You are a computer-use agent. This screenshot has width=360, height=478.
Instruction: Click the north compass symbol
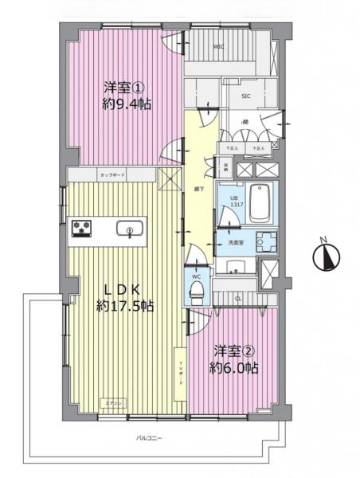(327, 257)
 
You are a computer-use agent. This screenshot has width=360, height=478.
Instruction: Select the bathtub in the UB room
(260, 204)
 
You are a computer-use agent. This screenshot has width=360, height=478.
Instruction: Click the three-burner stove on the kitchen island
(82, 229)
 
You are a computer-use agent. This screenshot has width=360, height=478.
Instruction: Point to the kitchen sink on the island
(127, 230)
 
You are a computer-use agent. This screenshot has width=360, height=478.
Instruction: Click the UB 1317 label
(236, 202)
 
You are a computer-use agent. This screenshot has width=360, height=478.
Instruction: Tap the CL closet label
(238, 299)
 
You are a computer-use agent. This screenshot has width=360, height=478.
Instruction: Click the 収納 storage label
(226, 168)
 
